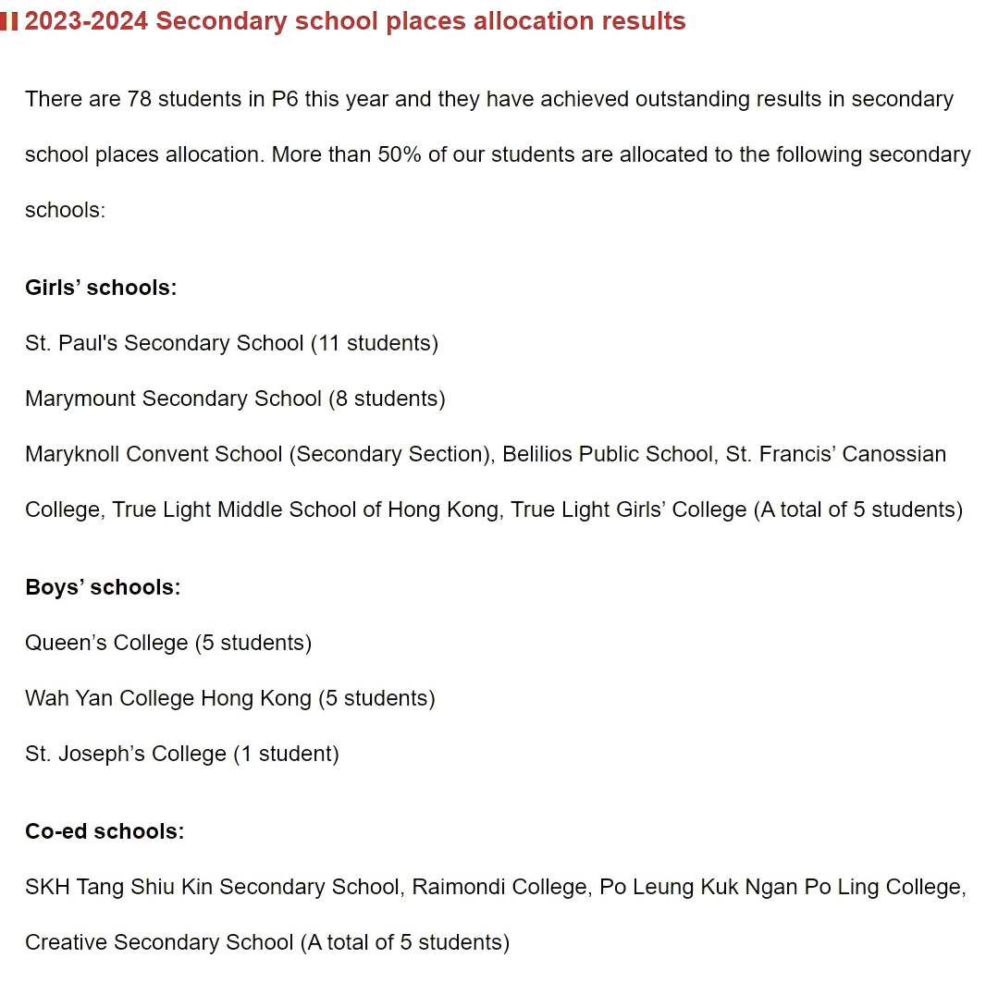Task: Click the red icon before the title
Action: tap(9, 21)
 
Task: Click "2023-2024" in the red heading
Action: tap(86, 21)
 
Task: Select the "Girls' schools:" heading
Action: tap(101, 288)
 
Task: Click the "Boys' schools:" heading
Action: tap(103, 587)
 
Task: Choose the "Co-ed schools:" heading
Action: tap(105, 831)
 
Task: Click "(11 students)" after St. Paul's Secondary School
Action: tap(375, 343)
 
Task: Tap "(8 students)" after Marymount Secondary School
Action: tap(387, 399)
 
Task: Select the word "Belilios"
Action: tap(537, 454)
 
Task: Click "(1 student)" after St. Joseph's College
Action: tap(286, 754)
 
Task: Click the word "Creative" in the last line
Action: tap(66, 942)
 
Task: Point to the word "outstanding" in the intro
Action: tap(695, 99)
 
